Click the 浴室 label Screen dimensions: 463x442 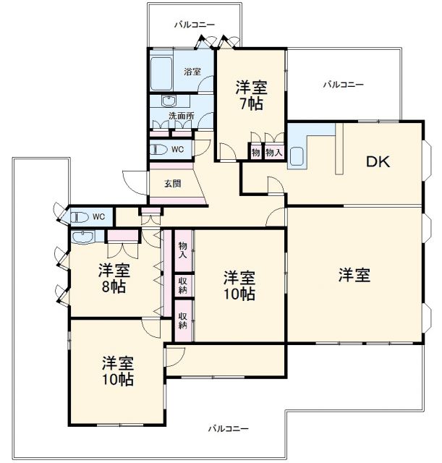[192, 72]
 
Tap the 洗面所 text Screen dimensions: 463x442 [182, 116]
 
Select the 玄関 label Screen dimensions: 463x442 [172, 184]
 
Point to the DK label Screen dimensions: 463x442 [377, 162]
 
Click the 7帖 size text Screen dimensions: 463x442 [252, 104]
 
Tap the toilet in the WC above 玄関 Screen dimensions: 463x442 [157, 150]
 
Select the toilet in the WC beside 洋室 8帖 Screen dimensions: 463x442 [77, 216]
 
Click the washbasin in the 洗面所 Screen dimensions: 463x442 [170, 101]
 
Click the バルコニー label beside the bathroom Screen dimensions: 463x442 [194, 25]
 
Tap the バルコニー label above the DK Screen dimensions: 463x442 [343, 85]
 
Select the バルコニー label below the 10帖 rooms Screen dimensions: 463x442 [229, 428]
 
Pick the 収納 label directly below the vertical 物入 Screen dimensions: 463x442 [182, 284]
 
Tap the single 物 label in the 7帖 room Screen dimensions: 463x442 [255, 152]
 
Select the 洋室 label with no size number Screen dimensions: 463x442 [354, 275]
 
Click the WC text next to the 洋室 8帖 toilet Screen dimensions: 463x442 [98, 216]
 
